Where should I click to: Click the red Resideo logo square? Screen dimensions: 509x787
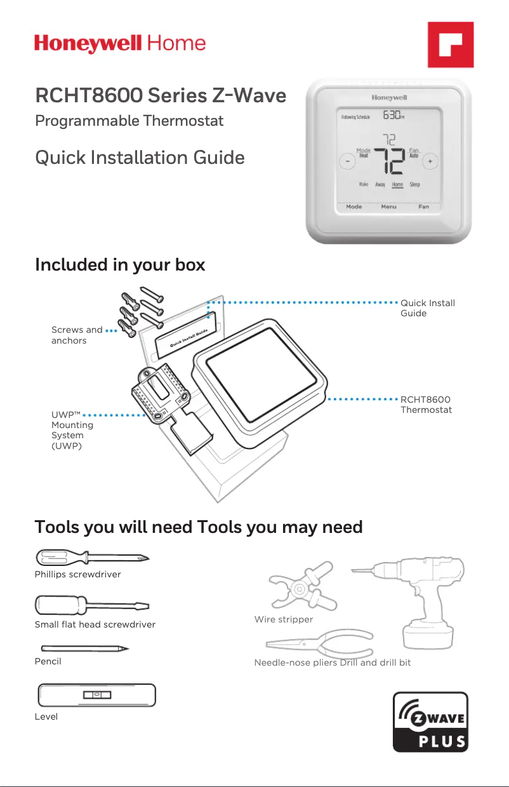[x=451, y=44]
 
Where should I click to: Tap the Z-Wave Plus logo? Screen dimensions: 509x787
[x=430, y=722]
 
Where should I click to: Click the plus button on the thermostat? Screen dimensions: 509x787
[x=430, y=161]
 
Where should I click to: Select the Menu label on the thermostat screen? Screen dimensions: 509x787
[x=388, y=207]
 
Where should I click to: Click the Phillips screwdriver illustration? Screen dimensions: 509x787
[x=92, y=558]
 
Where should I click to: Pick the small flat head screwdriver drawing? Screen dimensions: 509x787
[x=92, y=605]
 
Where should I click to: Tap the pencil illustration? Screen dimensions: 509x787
[x=85, y=649]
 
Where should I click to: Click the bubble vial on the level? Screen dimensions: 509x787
[x=97, y=695]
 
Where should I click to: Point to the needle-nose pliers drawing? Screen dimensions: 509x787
[x=319, y=643]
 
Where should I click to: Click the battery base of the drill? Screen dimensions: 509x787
[x=428, y=635]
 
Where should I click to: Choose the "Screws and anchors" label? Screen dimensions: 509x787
[x=77, y=335]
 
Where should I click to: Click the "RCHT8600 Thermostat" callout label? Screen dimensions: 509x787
[x=426, y=405]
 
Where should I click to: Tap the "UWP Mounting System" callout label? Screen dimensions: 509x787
[x=72, y=431]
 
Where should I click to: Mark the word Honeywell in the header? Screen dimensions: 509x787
[x=88, y=44]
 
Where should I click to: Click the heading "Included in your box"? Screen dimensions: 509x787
[x=120, y=265]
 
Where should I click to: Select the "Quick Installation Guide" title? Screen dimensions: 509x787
[x=140, y=158]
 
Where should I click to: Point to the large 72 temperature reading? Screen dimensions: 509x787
[x=389, y=161]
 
